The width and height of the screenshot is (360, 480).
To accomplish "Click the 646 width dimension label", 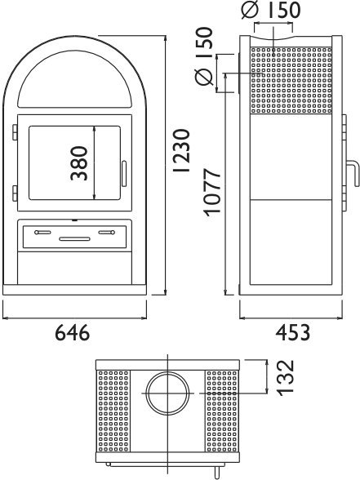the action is tap(73, 333).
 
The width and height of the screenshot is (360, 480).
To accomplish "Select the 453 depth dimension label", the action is tap(293, 333).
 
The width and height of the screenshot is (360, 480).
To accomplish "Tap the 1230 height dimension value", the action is tap(182, 150).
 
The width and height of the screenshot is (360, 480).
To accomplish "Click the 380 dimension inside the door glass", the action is tap(79, 163).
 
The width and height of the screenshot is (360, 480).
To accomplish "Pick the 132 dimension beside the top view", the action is tap(286, 378).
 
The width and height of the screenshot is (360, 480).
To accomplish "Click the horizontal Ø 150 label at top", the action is tap(271, 10).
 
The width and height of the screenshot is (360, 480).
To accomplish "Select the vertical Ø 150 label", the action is tap(203, 56).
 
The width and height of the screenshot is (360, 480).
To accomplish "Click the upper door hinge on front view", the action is tap(15, 132).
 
